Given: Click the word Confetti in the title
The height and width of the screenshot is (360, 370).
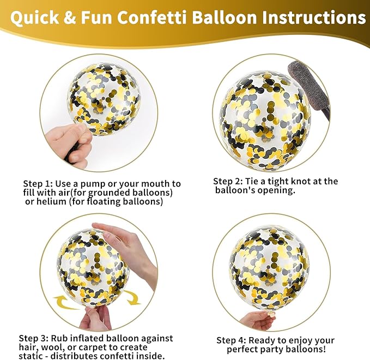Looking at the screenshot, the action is (151, 17).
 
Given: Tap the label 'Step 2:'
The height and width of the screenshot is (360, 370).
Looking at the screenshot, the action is (228, 182).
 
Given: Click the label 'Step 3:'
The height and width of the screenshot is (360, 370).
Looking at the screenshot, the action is (34, 339).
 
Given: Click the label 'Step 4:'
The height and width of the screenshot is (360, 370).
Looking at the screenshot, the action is (232, 340).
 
